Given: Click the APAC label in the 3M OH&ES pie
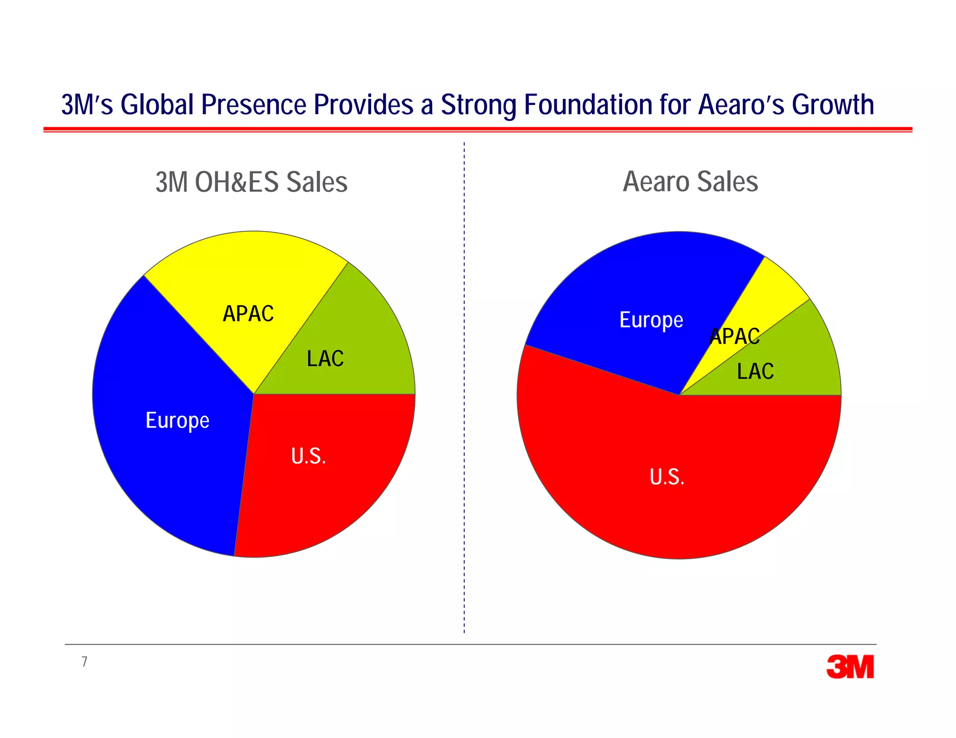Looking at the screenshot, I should coord(248,314).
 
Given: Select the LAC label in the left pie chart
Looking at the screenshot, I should coord(325,359).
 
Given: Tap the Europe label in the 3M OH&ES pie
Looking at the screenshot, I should coord(177,421).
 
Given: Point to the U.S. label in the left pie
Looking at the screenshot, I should coord(308,456).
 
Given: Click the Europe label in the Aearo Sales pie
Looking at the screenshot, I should coord(651,320).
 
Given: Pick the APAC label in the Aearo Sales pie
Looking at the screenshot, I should coord(735,336).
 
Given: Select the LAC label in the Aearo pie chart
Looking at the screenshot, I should coord(755,372).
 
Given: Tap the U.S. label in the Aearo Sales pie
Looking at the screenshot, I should coord(667,477).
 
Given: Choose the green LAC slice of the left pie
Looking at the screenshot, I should coord(369,336).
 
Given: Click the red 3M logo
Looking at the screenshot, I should coord(850,667).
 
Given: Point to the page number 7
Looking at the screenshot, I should coord(84,661).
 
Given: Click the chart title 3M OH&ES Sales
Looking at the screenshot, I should coord(252,182).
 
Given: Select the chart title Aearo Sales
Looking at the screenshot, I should coord(690,181).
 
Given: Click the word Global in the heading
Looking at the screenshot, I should coord(157,104).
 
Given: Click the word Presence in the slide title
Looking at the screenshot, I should coord(253,104).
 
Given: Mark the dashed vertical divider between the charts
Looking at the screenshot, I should coord(464,387).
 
